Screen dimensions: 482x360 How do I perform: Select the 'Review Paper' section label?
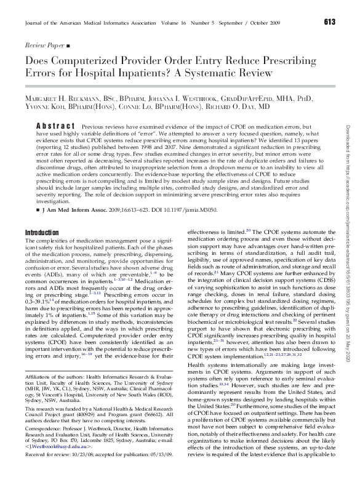click(44, 46)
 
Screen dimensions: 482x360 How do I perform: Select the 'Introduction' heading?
click(41, 232)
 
